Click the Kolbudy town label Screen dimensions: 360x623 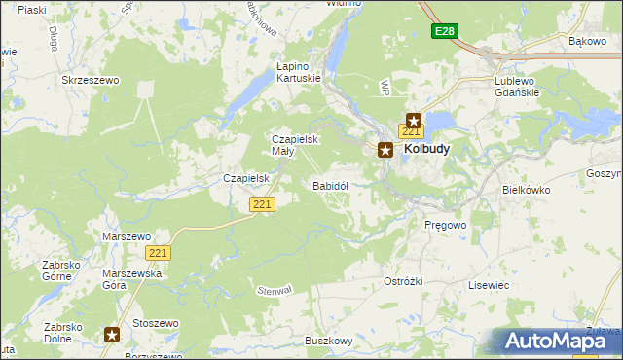click(x=426, y=150)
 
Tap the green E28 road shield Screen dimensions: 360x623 click(x=444, y=31)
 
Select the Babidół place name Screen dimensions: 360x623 click(x=330, y=184)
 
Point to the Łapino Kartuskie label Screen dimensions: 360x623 click(x=298, y=72)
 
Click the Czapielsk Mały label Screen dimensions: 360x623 click(x=294, y=145)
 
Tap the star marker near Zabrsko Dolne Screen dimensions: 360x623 click(x=112, y=335)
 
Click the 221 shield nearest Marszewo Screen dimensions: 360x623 click(x=159, y=252)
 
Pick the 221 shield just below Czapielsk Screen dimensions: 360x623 click(x=262, y=204)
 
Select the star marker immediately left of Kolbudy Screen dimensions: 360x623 click(x=385, y=150)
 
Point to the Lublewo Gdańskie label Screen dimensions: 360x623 click(x=522, y=86)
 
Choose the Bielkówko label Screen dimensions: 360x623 click(x=527, y=191)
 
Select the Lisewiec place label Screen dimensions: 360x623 click(x=489, y=285)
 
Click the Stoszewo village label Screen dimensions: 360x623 click(x=157, y=323)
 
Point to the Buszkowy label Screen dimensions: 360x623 click(x=328, y=341)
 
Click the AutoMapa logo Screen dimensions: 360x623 click(x=556, y=341)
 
